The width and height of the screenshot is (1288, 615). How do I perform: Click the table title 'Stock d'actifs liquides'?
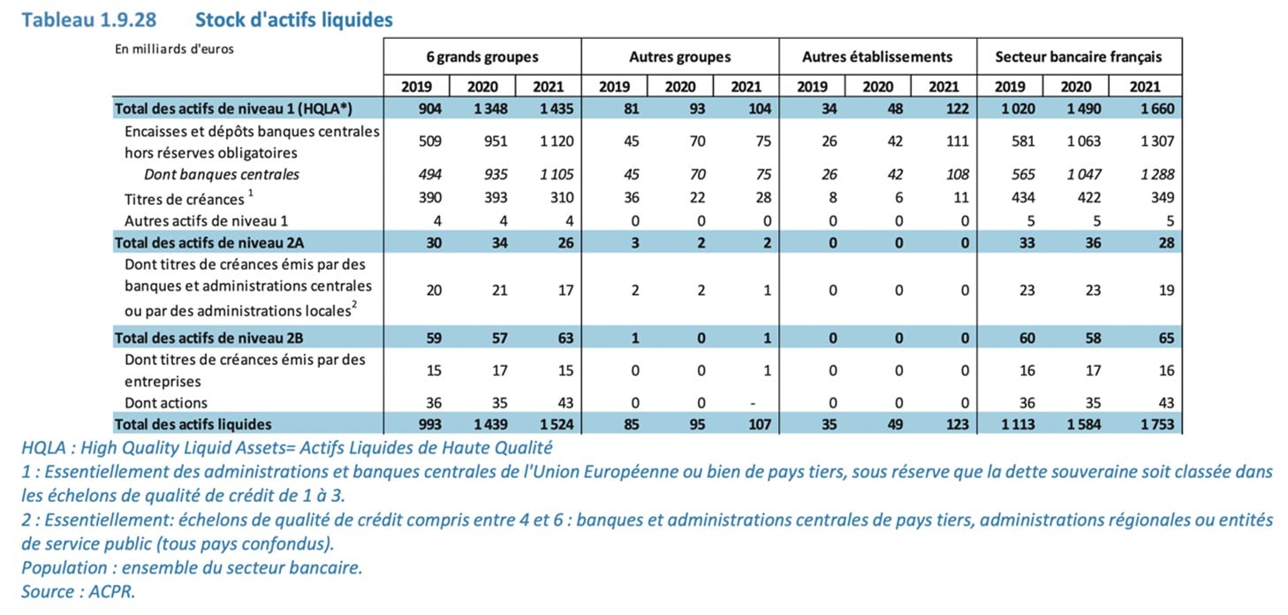coord(293,19)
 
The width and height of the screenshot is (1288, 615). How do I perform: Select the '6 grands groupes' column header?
coord(481,57)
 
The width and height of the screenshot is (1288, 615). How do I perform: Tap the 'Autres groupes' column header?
coord(679,57)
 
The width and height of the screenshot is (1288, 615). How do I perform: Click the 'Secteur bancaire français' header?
coord(1078,57)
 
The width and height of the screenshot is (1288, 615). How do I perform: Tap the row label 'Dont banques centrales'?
coord(221,174)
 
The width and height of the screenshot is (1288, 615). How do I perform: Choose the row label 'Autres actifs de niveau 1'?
coord(206,220)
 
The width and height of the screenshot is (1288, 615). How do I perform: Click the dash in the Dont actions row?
coord(751,403)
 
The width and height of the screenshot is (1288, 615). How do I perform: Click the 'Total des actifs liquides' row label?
coord(193,424)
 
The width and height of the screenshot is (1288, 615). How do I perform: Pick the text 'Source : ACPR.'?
coord(79,592)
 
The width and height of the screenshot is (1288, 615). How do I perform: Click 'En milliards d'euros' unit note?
coord(174,49)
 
